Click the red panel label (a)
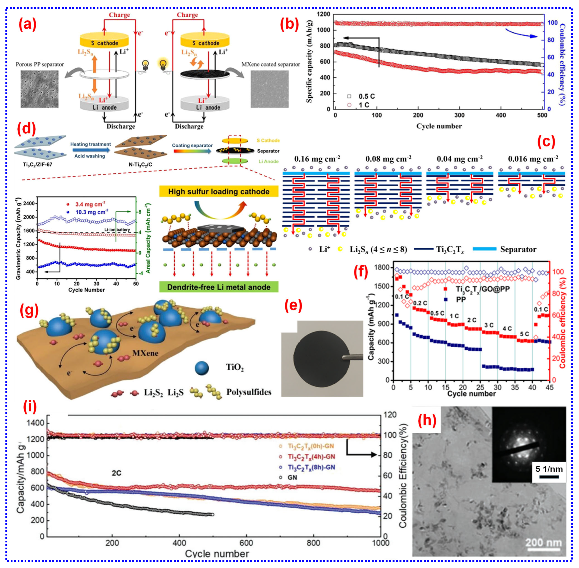[27, 24]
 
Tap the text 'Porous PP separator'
[40, 65]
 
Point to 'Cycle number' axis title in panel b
[439, 126]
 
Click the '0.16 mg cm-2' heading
[317, 159]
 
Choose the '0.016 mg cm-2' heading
[533, 159]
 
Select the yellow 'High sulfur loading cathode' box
[219, 192]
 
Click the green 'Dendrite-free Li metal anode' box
[219, 287]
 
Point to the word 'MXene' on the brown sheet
[145, 353]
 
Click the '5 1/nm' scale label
[549, 469]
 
